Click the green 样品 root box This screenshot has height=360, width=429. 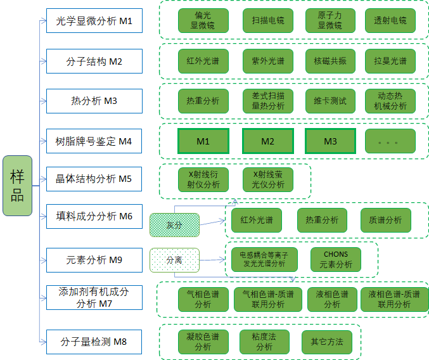[x=17, y=185]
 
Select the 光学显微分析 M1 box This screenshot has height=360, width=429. [x=94, y=21]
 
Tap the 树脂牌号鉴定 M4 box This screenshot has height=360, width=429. [x=94, y=141]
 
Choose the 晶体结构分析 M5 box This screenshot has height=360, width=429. [x=94, y=179]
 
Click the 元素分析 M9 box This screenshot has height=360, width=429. [x=94, y=259]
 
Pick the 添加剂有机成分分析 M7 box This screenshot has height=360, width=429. [x=94, y=298]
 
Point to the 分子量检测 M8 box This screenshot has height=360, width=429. [x=94, y=342]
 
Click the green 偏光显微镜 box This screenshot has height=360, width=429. [x=203, y=21]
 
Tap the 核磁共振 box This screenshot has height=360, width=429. [x=330, y=61]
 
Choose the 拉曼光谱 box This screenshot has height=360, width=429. [x=390, y=61]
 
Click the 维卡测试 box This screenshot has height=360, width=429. [x=330, y=101]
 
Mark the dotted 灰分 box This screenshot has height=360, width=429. [x=174, y=224]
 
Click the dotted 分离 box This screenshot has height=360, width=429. [x=174, y=260]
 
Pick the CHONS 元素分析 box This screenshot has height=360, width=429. [x=336, y=259]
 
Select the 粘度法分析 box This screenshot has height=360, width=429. [x=264, y=342]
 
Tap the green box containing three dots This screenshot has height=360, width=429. [x=390, y=141]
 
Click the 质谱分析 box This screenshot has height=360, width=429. [x=385, y=220]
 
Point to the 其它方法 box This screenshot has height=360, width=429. [x=326, y=342]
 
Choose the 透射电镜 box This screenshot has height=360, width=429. [x=390, y=21]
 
